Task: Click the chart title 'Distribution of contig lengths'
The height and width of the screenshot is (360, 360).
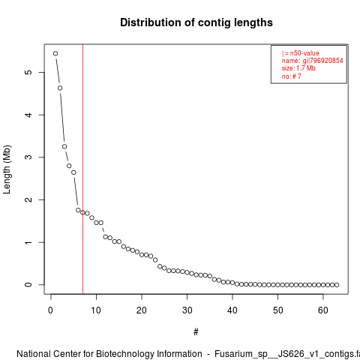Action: click(x=196, y=22)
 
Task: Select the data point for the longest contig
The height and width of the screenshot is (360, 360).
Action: click(x=55, y=53)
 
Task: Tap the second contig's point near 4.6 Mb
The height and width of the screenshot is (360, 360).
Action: click(x=60, y=88)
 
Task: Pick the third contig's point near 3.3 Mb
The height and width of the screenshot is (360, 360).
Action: click(x=64, y=146)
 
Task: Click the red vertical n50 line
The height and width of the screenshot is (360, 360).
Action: click(x=82, y=169)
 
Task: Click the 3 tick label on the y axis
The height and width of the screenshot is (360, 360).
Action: click(x=28, y=157)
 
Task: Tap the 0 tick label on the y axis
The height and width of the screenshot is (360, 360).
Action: click(x=28, y=285)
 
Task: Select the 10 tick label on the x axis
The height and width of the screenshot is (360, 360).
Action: click(x=96, y=310)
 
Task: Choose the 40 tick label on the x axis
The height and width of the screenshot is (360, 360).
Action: click(x=232, y=310)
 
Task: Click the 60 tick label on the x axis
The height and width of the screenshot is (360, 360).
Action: click(x=323, y=310)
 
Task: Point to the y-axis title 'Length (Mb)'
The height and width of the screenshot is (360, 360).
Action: click(x=7, y=169)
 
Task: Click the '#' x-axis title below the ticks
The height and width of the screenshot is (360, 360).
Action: click(x=196, y=332)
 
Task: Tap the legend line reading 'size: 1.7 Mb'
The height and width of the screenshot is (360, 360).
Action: click(x=298, y=68)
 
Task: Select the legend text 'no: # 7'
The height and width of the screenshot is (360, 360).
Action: click(x=292, y=76)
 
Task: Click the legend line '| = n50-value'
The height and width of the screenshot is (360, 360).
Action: click(x=301, y=53)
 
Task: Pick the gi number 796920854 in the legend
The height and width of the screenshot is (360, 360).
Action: click(x=326, y=61)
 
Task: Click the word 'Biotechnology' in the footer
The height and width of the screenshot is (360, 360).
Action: click(x=124, y=354)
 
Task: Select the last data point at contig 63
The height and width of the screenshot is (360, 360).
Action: click(x=337, y=285)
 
